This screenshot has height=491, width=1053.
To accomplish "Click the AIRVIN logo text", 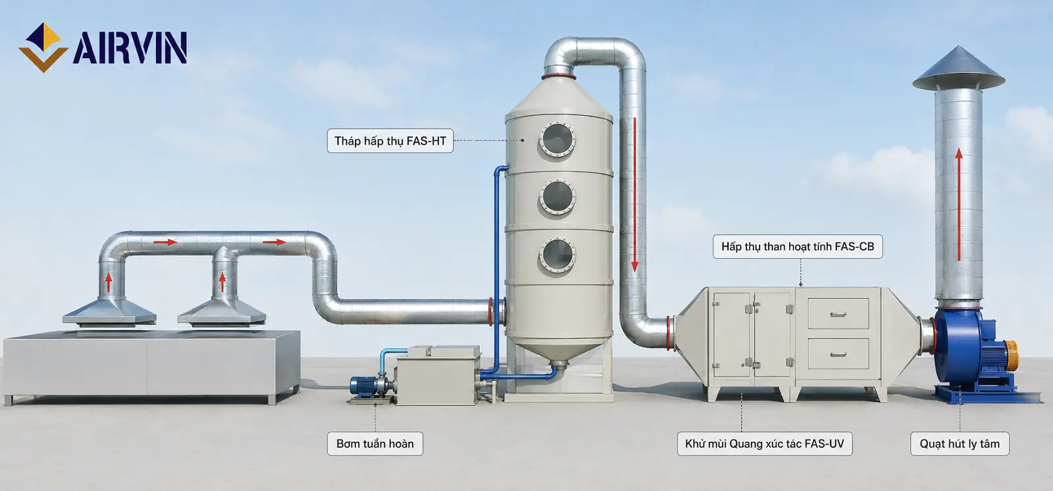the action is (x=130, y=47).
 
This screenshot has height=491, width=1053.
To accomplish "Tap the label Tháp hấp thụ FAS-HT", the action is (x=390, y=141).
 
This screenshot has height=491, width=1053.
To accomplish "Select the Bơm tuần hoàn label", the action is (x=375, y=444).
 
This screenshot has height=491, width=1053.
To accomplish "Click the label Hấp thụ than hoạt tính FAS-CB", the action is (x=798, y=246).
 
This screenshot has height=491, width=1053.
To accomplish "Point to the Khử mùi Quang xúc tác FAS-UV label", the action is (x=764, y=444).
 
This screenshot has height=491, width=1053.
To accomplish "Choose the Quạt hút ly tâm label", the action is (x=960, y=444).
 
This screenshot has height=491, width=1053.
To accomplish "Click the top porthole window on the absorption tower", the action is (x=557, y=140).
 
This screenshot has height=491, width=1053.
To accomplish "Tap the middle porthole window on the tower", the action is (x=557, y=197).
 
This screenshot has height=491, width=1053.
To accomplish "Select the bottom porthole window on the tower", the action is (x=557, y=255).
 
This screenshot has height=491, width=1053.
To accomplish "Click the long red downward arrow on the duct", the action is (x=634, y=194).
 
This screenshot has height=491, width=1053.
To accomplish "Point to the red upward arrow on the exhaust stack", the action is (x=959, y=205).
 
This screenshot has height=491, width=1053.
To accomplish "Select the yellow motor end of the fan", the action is (x=1011, y=355).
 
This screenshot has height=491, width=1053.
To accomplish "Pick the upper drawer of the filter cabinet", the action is (x=838, y=314).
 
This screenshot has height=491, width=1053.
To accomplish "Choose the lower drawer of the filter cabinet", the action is (x=838, y=353).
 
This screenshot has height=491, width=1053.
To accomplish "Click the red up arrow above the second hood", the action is (x=222, y=282).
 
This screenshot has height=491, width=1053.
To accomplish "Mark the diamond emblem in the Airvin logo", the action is (x=43, y=47).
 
